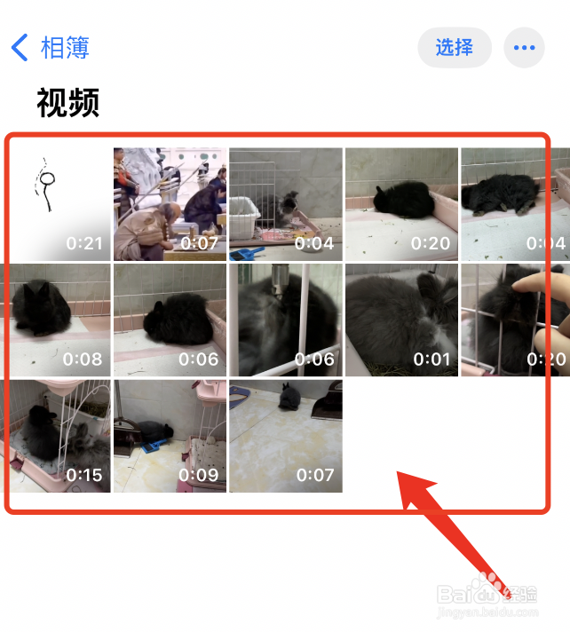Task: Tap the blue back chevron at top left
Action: tap(20, 47)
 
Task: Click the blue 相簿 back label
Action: tap(65, 47)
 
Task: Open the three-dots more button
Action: tap(524, 47)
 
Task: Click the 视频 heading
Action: tap(67, 103)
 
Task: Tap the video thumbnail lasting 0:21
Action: tap(56, 204)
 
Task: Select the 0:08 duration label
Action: tap(84, 359)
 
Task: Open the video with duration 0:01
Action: tap(401, 320)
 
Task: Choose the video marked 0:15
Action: tap(56, 436)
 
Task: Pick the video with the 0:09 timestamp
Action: tap(170, 436)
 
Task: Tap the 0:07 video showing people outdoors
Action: tap(170, 204)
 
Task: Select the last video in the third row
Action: tap(286, 436)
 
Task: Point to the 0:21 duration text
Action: tap(84, 243)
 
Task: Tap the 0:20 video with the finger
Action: tap(515, 320)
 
